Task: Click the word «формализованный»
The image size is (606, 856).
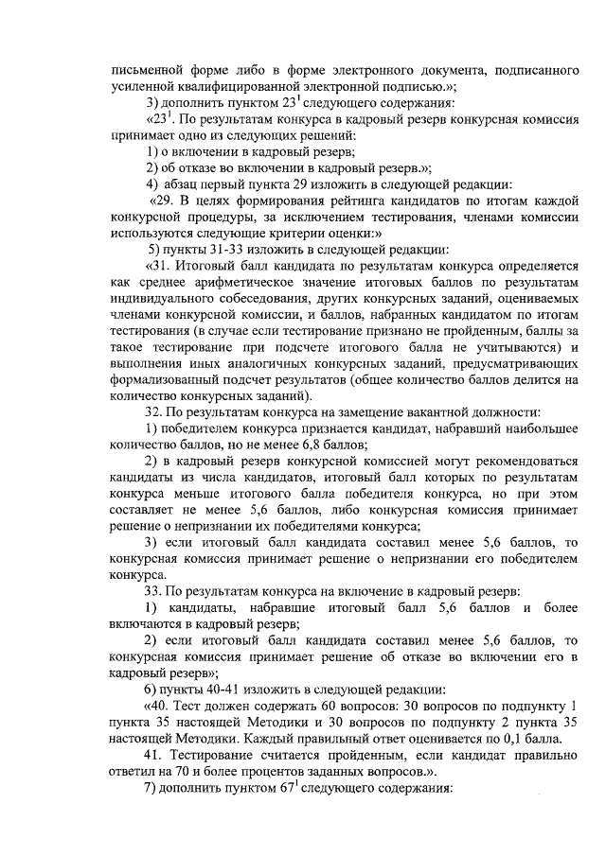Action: point(166,380)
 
